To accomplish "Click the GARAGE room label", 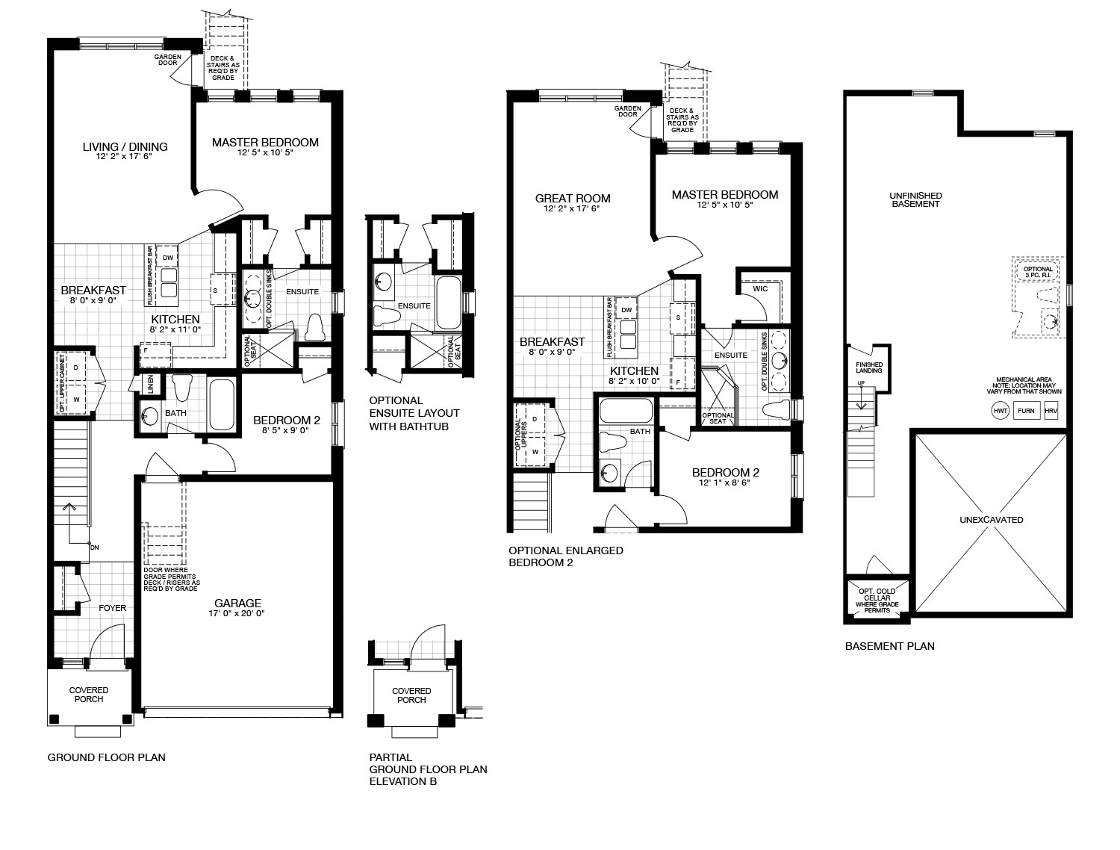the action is (237, 603).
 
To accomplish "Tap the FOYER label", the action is (112, 608).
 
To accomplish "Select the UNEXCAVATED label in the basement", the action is (991, 520).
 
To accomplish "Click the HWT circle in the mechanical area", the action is (1001, 411).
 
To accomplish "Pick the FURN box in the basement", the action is (1026, 411).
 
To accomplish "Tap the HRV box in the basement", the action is (1051, 411).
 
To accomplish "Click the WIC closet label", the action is (760, 289).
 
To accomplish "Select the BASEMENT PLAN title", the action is (890, 646).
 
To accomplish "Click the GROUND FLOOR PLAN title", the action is (107, 757).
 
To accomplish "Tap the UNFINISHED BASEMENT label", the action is (915, 199).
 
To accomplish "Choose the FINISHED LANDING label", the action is (869, 367).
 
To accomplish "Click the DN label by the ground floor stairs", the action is (94, 547).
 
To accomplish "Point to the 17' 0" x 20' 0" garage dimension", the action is (237, 613).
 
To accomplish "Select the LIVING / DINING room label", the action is (125, 147).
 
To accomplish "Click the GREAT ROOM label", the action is (573, 199).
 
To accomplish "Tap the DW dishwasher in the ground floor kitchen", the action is (168, 258).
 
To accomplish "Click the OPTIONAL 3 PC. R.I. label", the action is (1038, 272).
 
